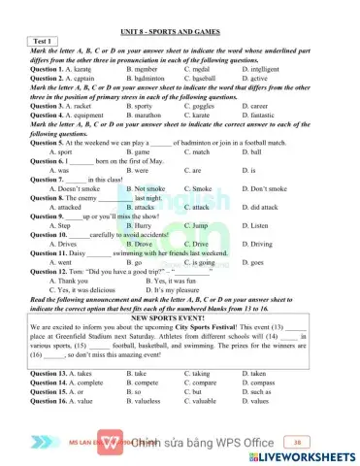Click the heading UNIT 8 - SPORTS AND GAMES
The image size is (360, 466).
pos(180,32)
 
